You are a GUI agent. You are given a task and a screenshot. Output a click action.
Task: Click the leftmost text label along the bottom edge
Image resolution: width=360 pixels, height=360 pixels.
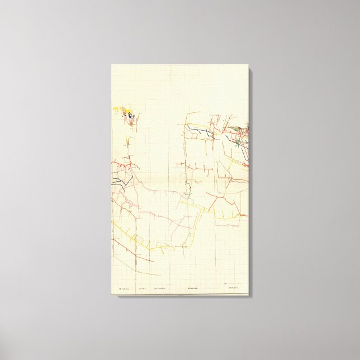pos(122,288)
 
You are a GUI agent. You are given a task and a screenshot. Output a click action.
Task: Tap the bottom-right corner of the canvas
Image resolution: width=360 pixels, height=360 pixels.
pos(249,297)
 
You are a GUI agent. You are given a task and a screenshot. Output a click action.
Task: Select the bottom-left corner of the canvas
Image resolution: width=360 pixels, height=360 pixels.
pos(112,297)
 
